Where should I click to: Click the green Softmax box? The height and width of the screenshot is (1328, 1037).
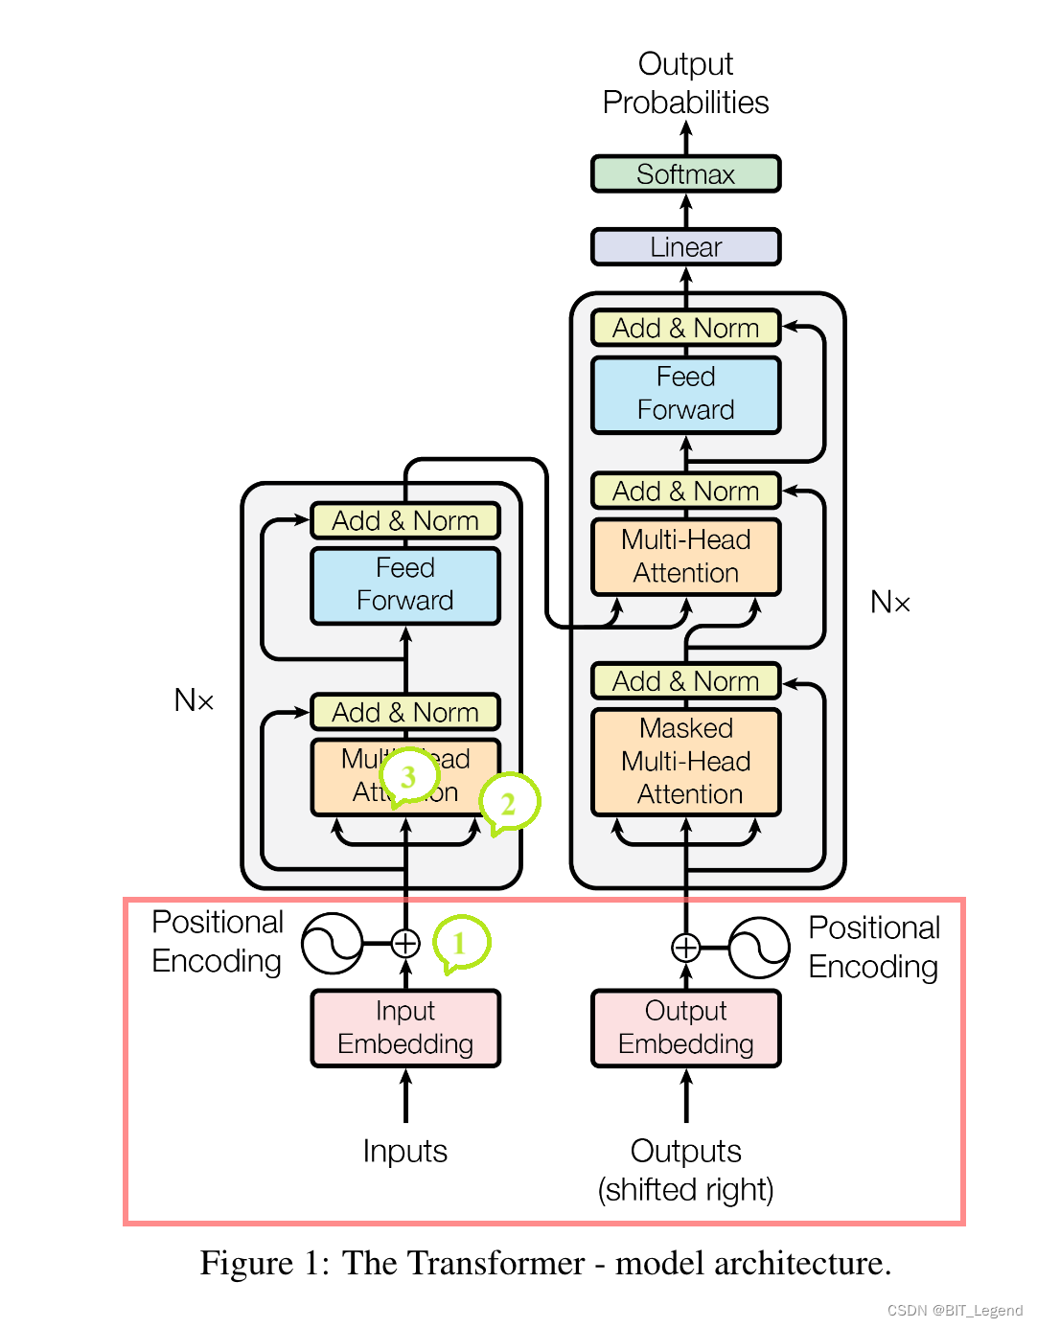(x=685, y=174)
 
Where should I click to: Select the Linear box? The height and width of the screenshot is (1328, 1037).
(x=685, y=247)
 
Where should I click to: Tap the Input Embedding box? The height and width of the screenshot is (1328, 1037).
(x=405, y=1028)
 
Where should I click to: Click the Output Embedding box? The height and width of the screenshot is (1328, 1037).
(x=685, y=1028)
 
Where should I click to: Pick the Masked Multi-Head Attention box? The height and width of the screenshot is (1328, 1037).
(x=685, y=762)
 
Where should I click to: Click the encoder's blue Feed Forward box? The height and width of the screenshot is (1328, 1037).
(x=405, y=584)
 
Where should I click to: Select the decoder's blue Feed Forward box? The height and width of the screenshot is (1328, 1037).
(x=685, y=394)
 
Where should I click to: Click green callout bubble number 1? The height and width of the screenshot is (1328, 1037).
(x=461, y=943)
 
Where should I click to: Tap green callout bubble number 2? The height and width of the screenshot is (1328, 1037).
(x=509, y=803)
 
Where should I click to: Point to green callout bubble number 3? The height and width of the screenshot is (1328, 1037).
(x=408, y=777)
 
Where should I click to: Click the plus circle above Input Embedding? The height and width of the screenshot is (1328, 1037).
(x=405, y=944)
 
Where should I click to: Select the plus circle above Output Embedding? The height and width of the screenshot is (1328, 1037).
(x=685, y=948)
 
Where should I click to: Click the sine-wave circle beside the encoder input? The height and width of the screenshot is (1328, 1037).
(x=332, y=944)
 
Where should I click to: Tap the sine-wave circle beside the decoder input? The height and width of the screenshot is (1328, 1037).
(x=758, y=948)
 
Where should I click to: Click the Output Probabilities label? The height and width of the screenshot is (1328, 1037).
(x=685, y=83)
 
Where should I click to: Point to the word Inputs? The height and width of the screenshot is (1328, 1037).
(x=405, y=1151)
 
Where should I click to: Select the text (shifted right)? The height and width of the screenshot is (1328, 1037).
(x=685, y=1190)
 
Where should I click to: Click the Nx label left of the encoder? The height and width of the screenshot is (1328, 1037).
(x=194, y=700)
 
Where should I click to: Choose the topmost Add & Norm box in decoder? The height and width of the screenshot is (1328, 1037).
(x=685, y=328)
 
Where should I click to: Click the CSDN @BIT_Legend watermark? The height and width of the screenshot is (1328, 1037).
(x=955, y=1311)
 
